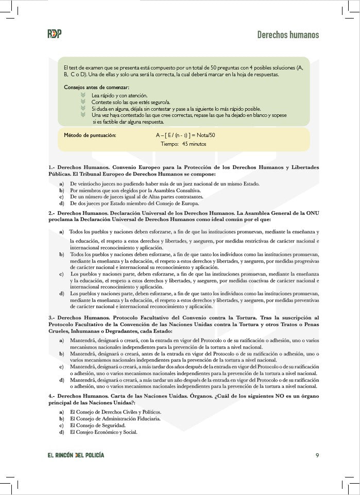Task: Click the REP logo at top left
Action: [x=54, y=34]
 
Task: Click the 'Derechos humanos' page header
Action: [x=288, y=35]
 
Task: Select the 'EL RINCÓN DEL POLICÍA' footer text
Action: [x=76, y=455]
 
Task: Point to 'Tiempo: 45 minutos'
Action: [x=183, y=144]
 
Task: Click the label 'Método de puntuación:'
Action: [x=90, y=135]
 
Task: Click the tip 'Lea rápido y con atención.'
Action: [x=119, y=95]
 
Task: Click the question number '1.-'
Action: [x=52, y=168]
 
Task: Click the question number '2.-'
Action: [x=52, y=213]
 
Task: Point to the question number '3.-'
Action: [x=52, y=318]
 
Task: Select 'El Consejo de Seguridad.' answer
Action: [x=98, y=425]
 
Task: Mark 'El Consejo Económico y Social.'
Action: [x=104, y=432]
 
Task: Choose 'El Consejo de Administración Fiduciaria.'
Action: [x=115, y=419]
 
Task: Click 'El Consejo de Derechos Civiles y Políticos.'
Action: [x=115, y=412]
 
